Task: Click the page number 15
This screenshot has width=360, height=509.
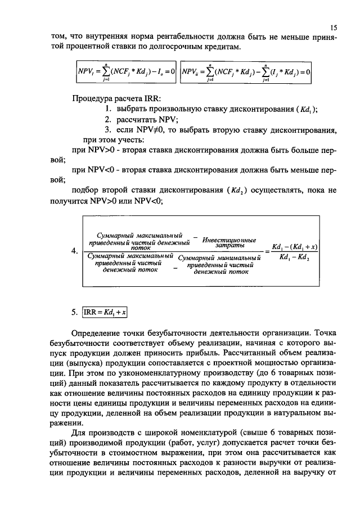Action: [x=333, y=27]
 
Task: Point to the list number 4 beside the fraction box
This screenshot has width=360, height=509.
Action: [x=75, y=251]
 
